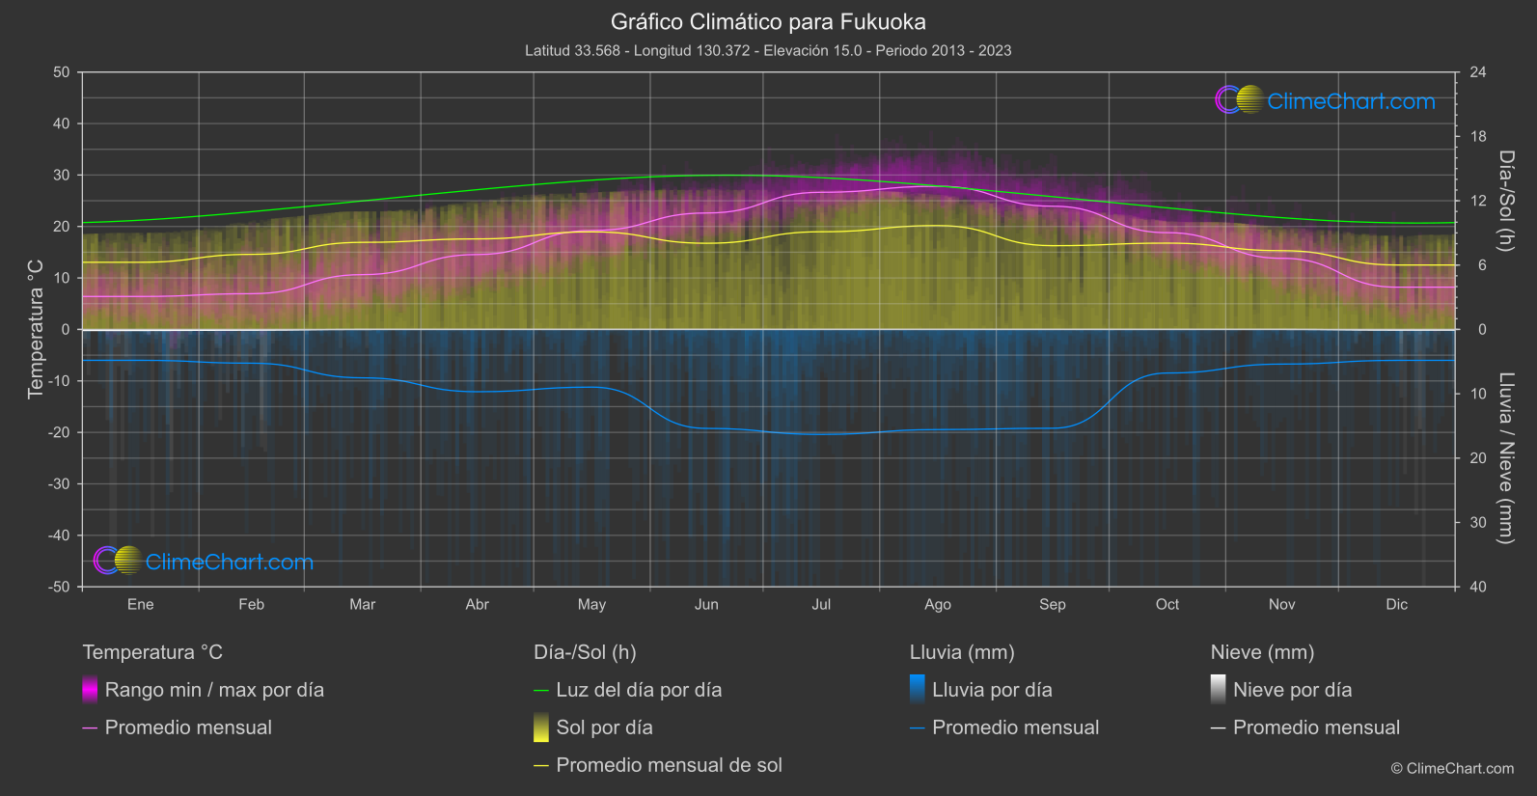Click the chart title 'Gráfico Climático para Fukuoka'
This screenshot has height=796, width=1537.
768,22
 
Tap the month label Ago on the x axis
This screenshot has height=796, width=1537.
937,605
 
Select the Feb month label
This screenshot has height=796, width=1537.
251,605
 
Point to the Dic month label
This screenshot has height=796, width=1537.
1396,605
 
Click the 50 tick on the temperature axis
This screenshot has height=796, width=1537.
62,72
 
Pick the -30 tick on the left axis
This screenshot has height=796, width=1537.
59,484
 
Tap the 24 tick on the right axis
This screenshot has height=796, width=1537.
1477,72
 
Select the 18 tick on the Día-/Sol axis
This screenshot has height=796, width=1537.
1477,137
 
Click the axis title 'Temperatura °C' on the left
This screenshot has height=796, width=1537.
36,328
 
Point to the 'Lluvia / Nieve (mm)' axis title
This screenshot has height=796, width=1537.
1505,458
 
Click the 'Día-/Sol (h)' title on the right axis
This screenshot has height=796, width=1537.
1505,201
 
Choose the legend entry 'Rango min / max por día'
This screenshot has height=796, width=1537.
214,690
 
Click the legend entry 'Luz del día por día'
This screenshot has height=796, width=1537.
638,690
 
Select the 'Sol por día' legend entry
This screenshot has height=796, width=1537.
604,727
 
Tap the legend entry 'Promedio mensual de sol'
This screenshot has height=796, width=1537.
669,765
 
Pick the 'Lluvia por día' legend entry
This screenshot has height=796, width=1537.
991,690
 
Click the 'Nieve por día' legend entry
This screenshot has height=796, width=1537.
1292,690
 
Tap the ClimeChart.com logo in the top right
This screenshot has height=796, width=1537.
1326,100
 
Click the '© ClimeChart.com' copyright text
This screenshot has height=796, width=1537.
1452,769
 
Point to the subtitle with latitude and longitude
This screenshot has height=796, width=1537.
768,50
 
